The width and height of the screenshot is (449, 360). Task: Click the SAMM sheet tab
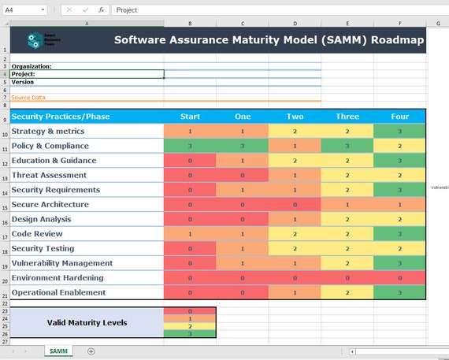click(58, 351)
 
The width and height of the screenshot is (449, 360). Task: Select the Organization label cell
click(32, 66)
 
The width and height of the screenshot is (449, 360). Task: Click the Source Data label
click(28, 98)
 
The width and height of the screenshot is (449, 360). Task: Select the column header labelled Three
click(347, 117)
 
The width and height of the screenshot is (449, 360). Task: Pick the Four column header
click(399, 117)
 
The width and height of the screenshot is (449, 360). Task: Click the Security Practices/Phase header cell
click(61, 117)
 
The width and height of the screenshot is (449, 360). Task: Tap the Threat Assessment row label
click(49, 175)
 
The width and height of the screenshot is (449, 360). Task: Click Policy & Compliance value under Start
click(190, 146)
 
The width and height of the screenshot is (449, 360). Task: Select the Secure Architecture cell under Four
click(399, 204)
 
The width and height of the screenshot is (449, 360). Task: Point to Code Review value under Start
click(190, 234)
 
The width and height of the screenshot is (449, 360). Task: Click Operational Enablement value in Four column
click(399, 292)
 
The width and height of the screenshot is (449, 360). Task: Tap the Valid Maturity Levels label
click(87, 322)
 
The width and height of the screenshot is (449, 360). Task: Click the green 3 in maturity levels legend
click(190, 334)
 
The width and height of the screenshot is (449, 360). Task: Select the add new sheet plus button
click(91, 351)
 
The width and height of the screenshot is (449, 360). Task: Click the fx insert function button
click(101, 10)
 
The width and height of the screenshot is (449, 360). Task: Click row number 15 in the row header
click(5, 208)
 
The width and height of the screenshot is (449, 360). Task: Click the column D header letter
click(295, 23)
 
